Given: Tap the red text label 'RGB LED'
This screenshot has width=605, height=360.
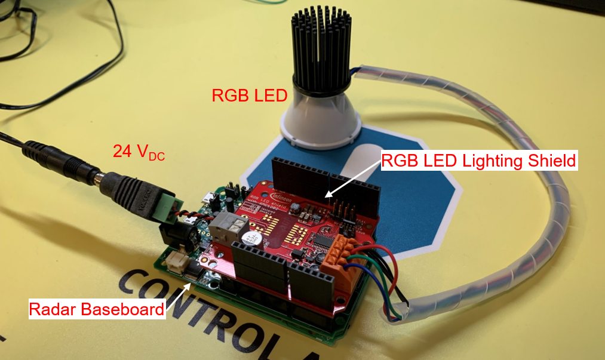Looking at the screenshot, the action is pos(250,95).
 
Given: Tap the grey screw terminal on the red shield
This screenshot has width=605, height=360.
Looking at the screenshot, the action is pos(235,227).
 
